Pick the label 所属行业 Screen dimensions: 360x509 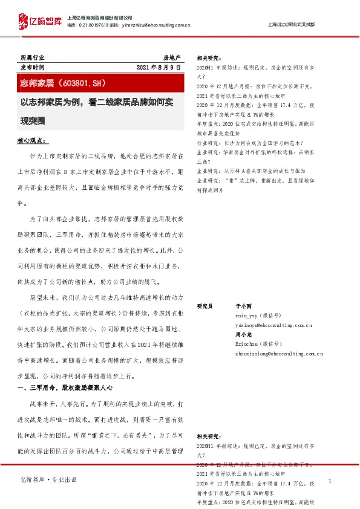pos(31,57)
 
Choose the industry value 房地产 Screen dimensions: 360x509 pos(172,57)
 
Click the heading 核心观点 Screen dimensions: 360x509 pos(33,141)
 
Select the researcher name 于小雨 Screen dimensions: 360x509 pos(242,306)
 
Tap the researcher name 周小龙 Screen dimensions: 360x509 pos(242,334)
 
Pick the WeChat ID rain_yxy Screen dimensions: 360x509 pos(248,316)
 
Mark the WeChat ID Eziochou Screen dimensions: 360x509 pos(248,343)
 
